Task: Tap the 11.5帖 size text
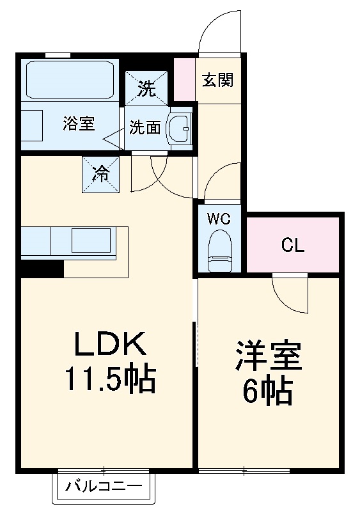coord(109,381)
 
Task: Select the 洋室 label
coord(268,358)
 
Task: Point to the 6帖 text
coord(267,391)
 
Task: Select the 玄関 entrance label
coord(218,81)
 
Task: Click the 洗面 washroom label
coord(145,127)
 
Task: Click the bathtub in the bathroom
coord(70,79)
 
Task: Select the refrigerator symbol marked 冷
coord(101,173)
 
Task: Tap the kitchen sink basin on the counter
coord(91,241)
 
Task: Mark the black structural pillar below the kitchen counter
coord(42,269)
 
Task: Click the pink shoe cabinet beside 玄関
coord(185,80)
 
